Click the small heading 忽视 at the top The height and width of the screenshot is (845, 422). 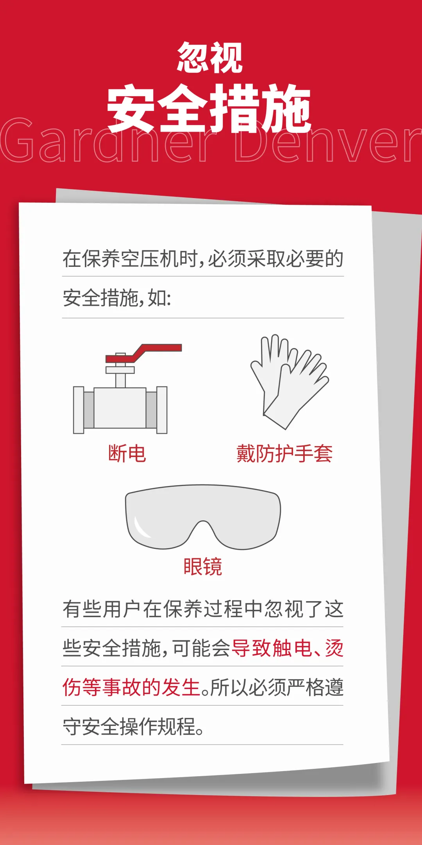(x=210, y=58)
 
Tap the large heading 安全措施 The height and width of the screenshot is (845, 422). (x=209, y=108)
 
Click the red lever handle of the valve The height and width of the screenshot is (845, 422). (x=144, y=353)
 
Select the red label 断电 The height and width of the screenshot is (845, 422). (x=127, y=454)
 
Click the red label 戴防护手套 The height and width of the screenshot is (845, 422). (x=284, y=454)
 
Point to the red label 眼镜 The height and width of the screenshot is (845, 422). (x=203, y=566)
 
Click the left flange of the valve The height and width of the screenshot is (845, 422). (x=79, y=410)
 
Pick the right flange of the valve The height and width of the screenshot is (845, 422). (x=162, y=410)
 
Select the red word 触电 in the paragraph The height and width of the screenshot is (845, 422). (x=292, y=648)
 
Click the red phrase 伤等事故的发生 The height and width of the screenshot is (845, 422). (x=132, y=688)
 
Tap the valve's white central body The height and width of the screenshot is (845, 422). (x=120, y=408)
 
